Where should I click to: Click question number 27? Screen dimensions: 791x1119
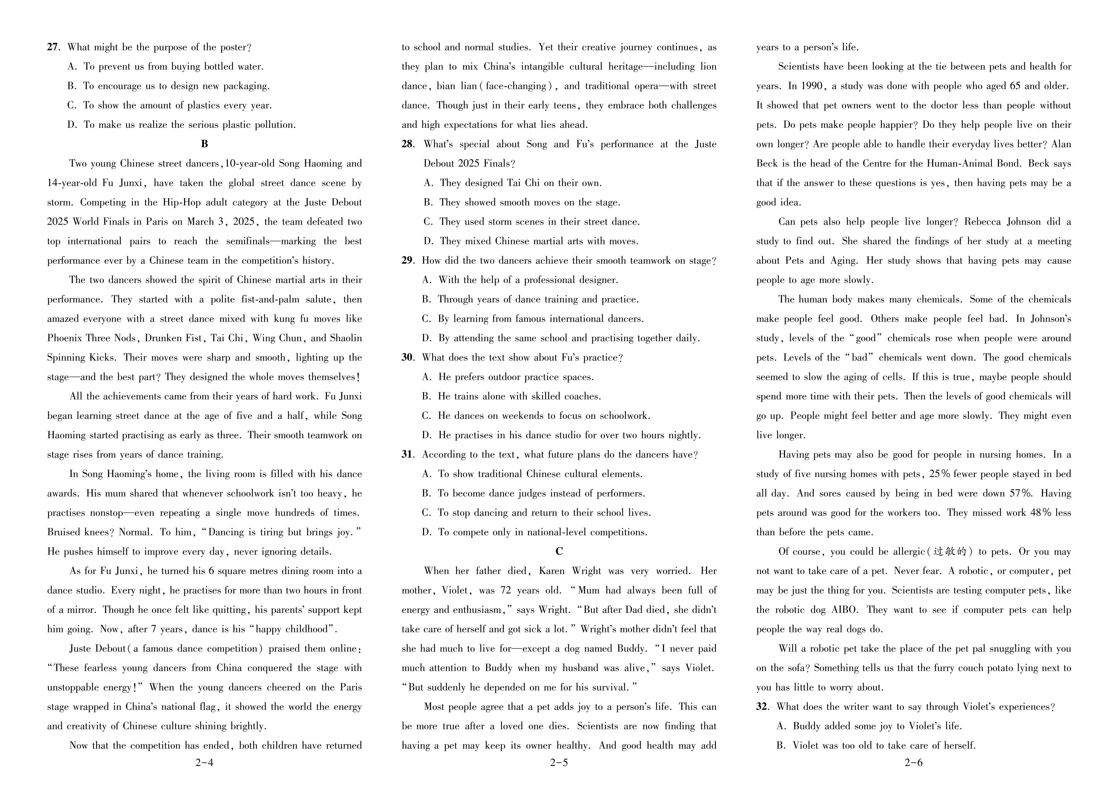tap(53, 47)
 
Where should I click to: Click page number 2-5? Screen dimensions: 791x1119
tap(559, 763)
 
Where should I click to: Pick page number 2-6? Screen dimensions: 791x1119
tap(913, 763)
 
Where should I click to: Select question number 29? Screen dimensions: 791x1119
tap(407, 260)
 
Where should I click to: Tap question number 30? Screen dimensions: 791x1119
tap(407, 357)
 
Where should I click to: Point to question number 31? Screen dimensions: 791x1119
tap(407, 455)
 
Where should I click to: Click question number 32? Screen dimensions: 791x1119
tap(762, 707)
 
